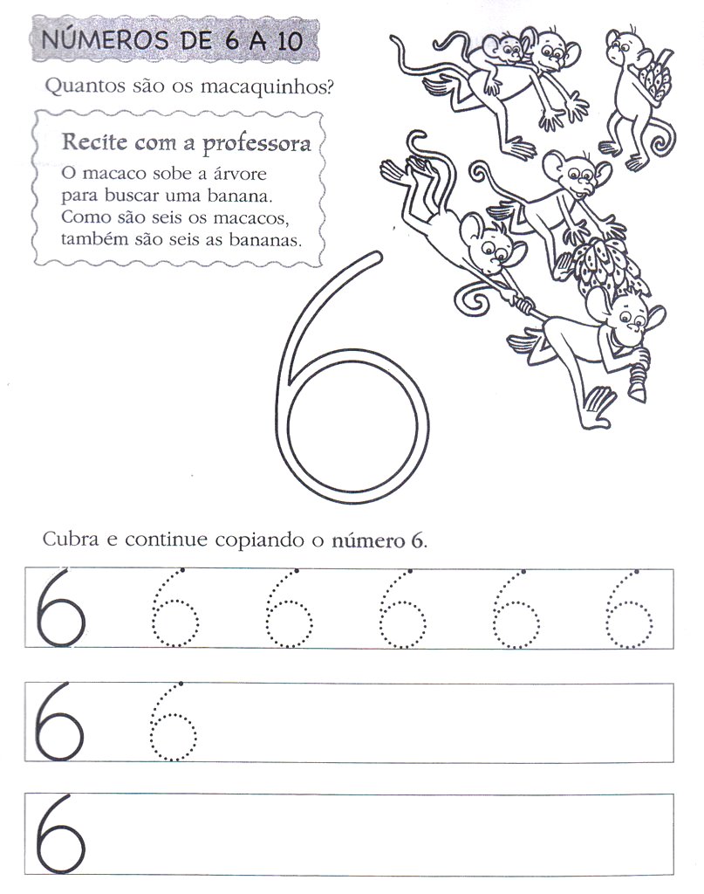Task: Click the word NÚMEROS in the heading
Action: click(x=93, y=41)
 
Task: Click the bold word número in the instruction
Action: click(x=366, y=539)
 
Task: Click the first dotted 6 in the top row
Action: click(x=174, y=609)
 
